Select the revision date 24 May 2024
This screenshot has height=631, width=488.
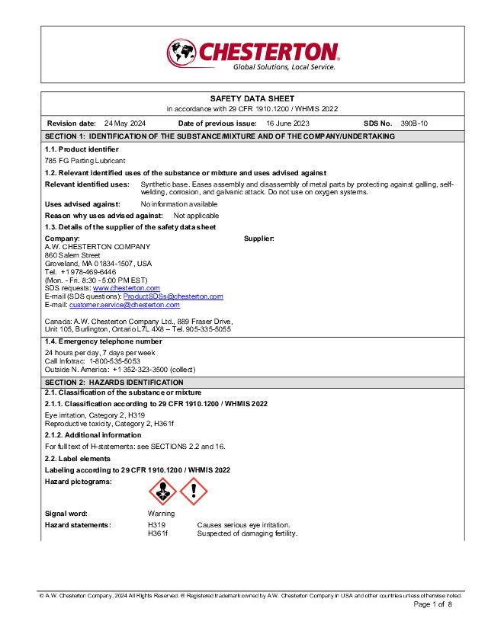point(125,123)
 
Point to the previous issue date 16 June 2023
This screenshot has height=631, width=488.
point(287,123)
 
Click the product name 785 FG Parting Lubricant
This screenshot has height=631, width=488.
point(85,161)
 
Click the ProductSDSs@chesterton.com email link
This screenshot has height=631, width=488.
point(173,296)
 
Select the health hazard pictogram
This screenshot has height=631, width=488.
point(162,492)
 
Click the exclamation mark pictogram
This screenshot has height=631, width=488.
point(194,492)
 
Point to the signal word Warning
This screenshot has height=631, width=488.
point(161,514)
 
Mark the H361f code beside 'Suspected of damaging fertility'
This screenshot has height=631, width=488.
point(158,533)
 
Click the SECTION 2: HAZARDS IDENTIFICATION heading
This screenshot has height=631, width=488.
point(114,382)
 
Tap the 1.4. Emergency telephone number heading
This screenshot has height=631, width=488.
point(103,341)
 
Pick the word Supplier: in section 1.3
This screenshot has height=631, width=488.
point(259,239)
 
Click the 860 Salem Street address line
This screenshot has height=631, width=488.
point(73,255)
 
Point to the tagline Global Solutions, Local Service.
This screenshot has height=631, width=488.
point(284,67)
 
